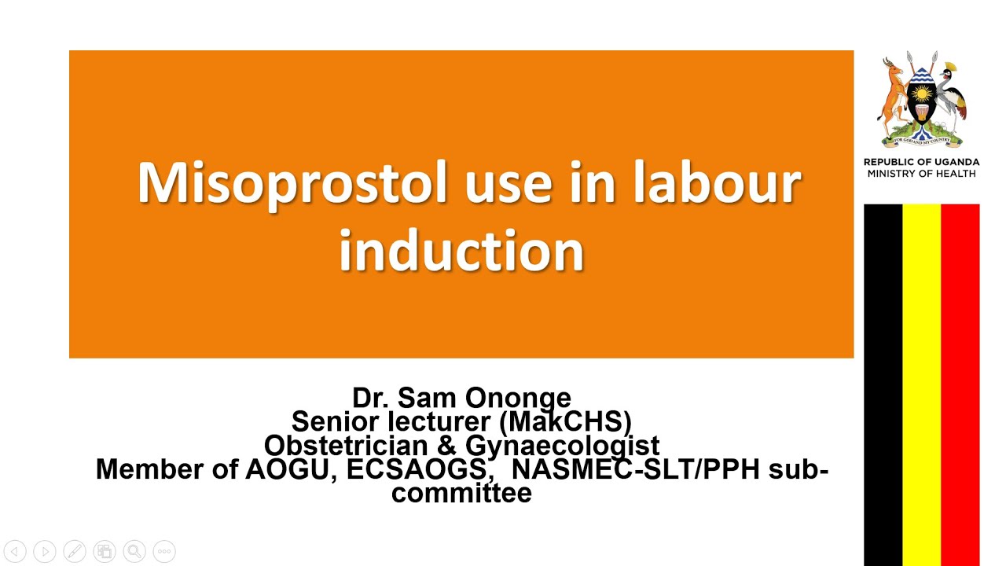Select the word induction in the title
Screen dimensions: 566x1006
[x=461, y=251]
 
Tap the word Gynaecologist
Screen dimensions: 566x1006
[x=562, y=446]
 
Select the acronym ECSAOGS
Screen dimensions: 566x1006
[x=421, y=469]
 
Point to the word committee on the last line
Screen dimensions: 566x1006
[x=461, y=493]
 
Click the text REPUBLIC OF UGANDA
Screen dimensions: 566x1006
[x=921, y=163]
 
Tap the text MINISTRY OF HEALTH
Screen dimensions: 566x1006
[x=921, y=174]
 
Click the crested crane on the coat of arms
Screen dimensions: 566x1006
[x=953, y=98]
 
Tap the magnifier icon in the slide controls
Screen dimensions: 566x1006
[x=134, y=552]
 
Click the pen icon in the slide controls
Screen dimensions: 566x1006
[x=75, y=552]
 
